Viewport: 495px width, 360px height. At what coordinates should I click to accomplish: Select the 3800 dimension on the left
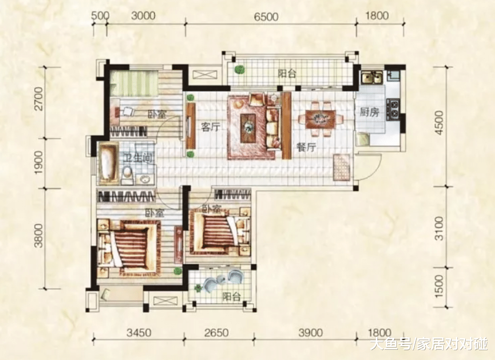(39, 236)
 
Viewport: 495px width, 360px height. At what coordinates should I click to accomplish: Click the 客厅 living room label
(210, 128)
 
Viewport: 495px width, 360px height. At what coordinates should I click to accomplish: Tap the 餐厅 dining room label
(306, 147)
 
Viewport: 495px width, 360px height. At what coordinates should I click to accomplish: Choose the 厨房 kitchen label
(369, 112)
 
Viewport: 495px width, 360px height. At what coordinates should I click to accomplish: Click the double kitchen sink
(372, 78)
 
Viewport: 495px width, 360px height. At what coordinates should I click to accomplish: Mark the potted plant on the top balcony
(240, 70)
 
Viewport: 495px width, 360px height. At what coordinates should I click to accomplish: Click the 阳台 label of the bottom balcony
(231, 297)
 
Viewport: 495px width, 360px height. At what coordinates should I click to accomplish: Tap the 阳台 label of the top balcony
(287, 74)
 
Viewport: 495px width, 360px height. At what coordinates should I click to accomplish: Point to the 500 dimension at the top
(100, 16)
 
